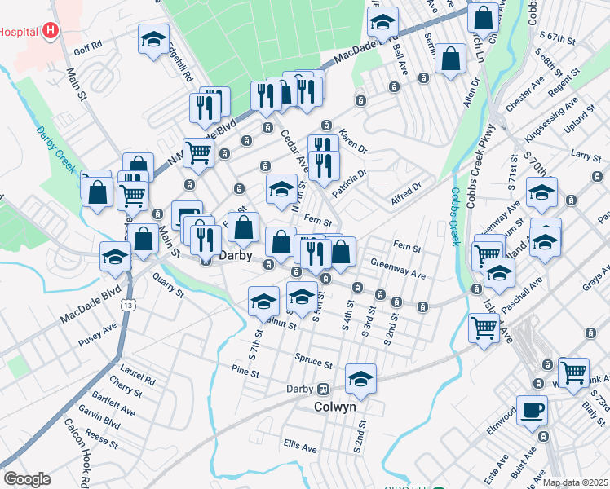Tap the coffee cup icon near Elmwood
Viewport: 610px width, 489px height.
[532, 410]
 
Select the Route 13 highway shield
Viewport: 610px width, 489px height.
[129, 305]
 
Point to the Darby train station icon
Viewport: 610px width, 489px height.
[323, 389]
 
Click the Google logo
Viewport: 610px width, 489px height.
[27, 478]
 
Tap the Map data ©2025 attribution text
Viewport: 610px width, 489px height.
[575, 482]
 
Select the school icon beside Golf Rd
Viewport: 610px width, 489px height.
[153, 39]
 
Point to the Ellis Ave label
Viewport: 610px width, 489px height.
[300, 447]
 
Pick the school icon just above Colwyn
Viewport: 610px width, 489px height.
[360, 378]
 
